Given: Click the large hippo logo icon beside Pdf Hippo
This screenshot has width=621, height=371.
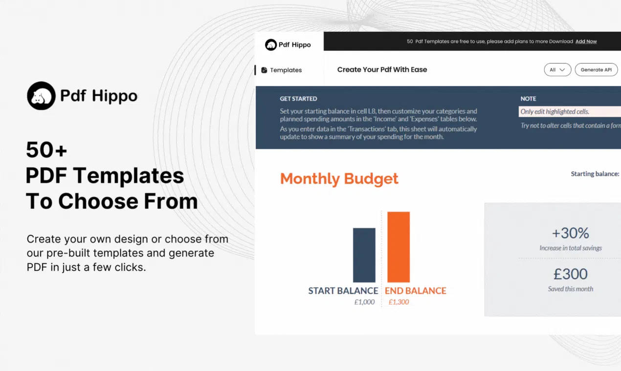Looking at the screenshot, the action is point(41,96).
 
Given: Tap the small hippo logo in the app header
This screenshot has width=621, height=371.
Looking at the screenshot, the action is point(271,44).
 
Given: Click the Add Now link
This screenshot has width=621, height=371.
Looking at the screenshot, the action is point(586,41).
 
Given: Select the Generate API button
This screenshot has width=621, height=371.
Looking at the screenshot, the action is point(596,69).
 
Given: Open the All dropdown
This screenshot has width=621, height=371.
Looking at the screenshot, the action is point(557,69).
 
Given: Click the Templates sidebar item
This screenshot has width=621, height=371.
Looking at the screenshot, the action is point(282,70).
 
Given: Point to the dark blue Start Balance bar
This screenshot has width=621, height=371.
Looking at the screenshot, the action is point(364,255).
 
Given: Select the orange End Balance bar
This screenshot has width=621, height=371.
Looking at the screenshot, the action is point(399,247).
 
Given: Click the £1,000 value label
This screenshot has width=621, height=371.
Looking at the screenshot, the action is point(365,302).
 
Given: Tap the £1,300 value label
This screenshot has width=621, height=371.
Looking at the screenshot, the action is point(399,302).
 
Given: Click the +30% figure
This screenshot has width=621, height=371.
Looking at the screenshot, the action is point(571,233).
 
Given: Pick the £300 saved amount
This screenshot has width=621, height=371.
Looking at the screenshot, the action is point(571,274).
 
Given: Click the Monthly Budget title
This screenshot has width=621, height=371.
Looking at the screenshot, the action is point(339,179).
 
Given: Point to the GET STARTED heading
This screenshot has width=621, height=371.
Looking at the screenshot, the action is point(298,99).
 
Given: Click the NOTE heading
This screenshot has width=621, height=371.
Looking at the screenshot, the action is point(528,99).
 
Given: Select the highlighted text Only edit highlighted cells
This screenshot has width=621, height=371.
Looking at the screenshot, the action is point(554,112).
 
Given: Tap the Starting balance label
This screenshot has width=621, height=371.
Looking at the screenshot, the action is point(595,174).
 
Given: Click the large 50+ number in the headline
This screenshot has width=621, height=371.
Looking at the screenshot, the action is point(46,149).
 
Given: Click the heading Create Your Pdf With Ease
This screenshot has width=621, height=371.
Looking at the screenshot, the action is point(382,69).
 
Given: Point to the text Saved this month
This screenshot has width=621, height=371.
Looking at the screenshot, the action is point(571,289).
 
